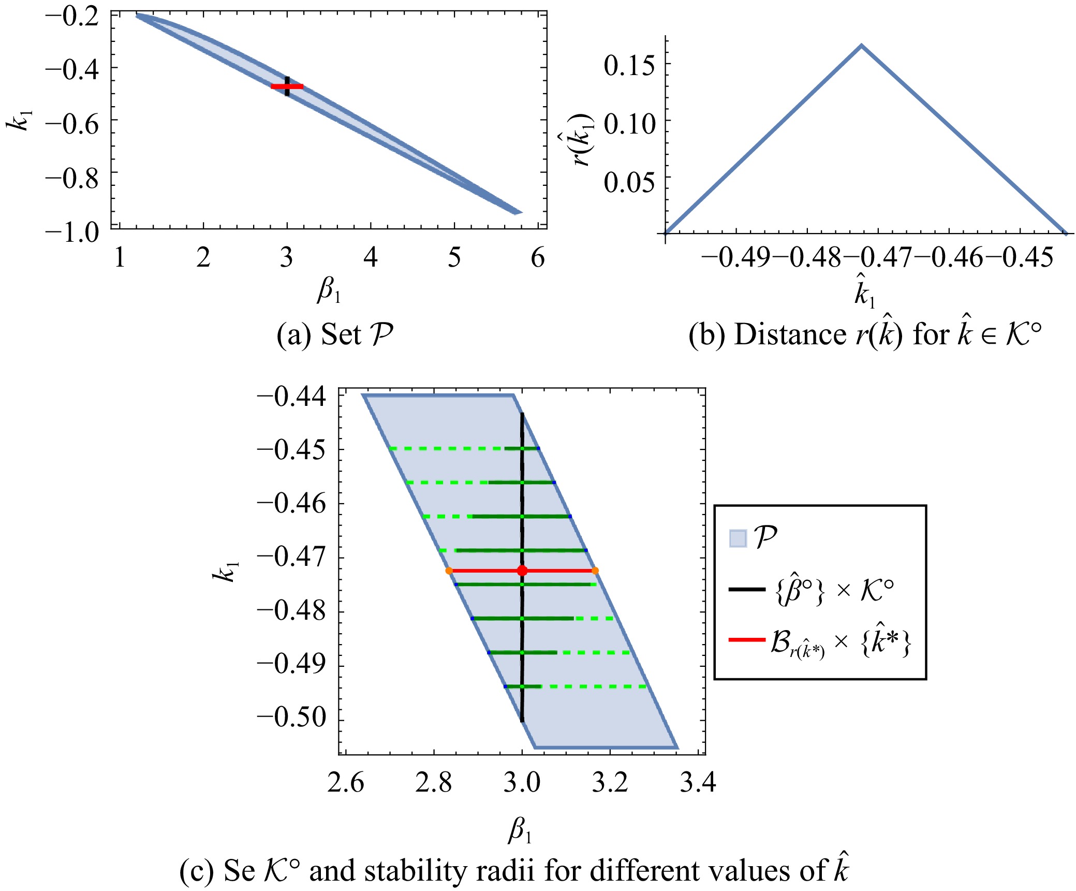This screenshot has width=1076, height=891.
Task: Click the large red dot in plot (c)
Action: coord(522,571)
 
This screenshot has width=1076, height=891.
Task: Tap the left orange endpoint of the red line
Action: coord(449,571)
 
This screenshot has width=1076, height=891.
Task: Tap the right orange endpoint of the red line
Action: coord(595,571)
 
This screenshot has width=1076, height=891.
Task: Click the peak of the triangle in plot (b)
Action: coord(861,46)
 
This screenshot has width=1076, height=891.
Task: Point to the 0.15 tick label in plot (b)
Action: coord(629,66)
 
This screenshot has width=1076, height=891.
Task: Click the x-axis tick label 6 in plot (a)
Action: coord(538,257)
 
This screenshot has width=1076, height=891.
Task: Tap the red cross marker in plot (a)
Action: coord(287,86)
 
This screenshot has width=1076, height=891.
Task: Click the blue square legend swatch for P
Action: coord(738,538)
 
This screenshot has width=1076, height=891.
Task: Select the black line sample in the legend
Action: coord(746,589)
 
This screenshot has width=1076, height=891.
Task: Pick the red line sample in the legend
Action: coord(746,640)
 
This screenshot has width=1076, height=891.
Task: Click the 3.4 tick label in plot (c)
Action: coord(698,782)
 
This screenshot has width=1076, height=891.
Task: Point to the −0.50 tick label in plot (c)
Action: coord(292,718)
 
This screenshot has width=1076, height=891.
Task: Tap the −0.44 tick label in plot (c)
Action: coord(292,397)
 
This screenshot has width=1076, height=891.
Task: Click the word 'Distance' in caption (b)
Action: coord(790,334)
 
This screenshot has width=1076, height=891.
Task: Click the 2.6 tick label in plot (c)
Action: coord(346,782)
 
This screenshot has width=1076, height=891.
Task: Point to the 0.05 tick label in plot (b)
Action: coord(629,182)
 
